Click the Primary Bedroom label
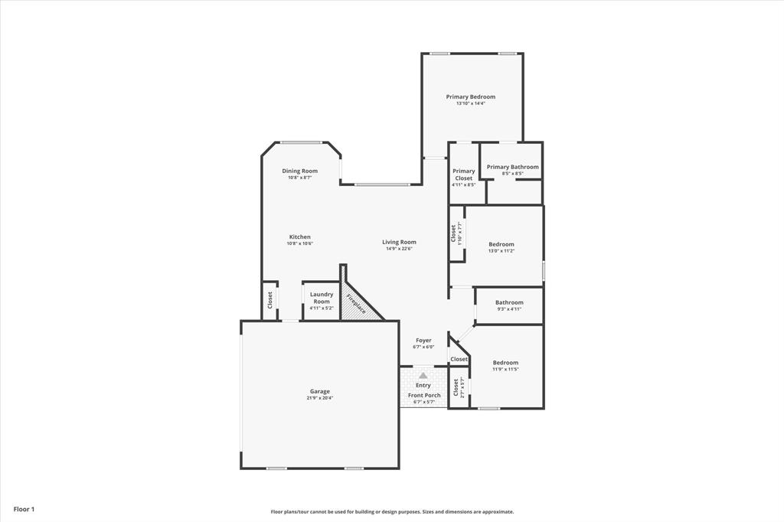click(471, 97)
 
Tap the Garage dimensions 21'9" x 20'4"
click(320, 398)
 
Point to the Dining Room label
click(299, 171)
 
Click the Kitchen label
click(299, 237)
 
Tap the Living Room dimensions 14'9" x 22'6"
click(399, 249)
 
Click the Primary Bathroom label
click(512, 167)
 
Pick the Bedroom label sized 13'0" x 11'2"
click(501, 244)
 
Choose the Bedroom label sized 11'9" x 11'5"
click(505, 363)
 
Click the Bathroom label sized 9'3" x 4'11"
click(509, 302)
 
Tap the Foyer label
click(423, 340)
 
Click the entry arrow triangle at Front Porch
click(423, 375)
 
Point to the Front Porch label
click(423, 395)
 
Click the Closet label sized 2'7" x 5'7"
click(456, 388)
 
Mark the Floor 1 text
click(24, 509)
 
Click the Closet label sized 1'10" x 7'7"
click(454, 233)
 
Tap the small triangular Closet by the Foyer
click(459, 359)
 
